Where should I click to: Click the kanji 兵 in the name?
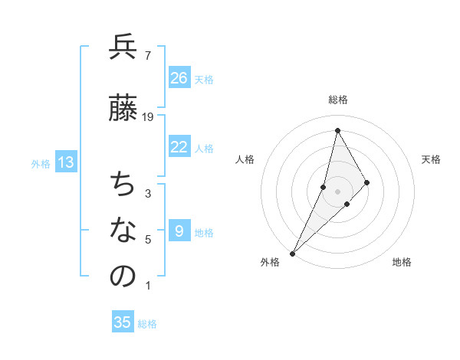[123, 47]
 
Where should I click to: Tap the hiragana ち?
[123, 184]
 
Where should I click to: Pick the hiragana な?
[123, 230]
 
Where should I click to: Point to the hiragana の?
[123, 277]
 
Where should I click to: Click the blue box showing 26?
[179, 78]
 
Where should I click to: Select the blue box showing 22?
[179, 147]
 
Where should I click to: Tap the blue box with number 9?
[179, 231]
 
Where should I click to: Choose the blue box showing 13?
[66, 162]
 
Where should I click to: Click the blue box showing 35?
[123, 322]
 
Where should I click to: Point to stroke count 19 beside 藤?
[148, 116]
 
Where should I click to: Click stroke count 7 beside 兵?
[147, 55]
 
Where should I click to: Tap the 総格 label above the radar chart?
[338, 100]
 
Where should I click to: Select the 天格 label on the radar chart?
[431, 159]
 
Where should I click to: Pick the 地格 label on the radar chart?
[402, 262]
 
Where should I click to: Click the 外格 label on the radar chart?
[270, 262]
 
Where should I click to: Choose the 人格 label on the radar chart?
[245, 159]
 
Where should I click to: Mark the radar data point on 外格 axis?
[292, 253]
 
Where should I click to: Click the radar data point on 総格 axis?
[337, 130]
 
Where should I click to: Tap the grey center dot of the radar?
[337, 191]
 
